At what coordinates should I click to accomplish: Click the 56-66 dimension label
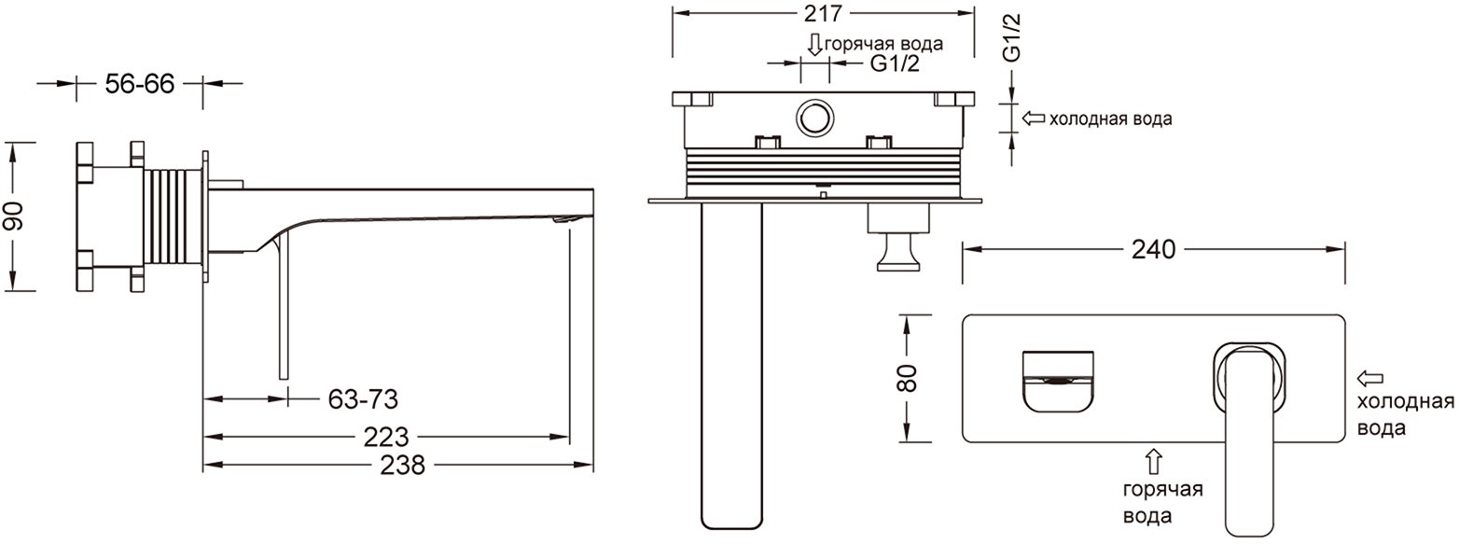tap(140, 84)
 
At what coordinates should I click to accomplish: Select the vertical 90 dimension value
tap(14, 216)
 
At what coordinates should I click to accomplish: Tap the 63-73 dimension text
tap(363, 399)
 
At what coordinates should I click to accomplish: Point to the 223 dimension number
tap(386, 437)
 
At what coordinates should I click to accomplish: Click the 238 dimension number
tap(402, 466)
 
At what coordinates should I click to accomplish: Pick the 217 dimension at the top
tap(823, 12)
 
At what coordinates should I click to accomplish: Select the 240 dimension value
tap(1153, 249)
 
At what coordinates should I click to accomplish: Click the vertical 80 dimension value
tap(908, 378)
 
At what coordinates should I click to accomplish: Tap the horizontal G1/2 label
tap(895, 63)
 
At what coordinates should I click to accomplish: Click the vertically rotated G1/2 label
tap(1011, 37)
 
